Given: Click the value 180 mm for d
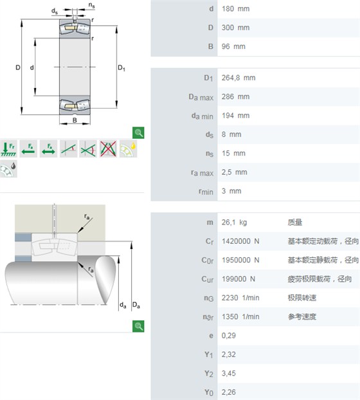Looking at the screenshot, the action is click(x=235, y=9).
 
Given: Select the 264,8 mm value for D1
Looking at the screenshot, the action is click(x=238, y=78).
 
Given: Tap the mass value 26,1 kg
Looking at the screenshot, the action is click(x=234, y=223).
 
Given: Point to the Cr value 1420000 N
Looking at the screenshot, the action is click(x=240, y=241).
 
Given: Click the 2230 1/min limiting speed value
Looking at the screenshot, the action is click(x=240, y=298).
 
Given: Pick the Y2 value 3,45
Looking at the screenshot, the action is click(x=228, y=373).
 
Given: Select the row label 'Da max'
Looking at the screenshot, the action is click(x=201, y=97).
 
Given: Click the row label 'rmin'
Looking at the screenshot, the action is click(x=206, y=192).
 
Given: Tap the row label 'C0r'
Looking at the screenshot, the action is click(x=207, y=260).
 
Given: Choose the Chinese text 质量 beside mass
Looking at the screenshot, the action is click(x=295, y=223).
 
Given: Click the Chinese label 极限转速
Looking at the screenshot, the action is click(x=302, y=298).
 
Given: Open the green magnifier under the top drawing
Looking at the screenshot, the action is click(x=138, y=132).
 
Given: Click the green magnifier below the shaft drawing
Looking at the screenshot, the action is click(x=138, y=326).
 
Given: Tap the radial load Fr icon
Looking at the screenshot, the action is click(x=8, y=149).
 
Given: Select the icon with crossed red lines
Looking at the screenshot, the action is click(x=108, y=149).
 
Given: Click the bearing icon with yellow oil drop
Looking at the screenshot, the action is click(x=128, y=149).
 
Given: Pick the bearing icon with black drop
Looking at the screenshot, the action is click(x=8, y=168).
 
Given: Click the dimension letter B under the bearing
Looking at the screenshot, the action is click(x=75, y=120).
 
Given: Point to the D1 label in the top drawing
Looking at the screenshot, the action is click(x=122, y=68).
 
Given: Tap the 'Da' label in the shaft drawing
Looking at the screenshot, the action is click(x=136, y=305).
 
